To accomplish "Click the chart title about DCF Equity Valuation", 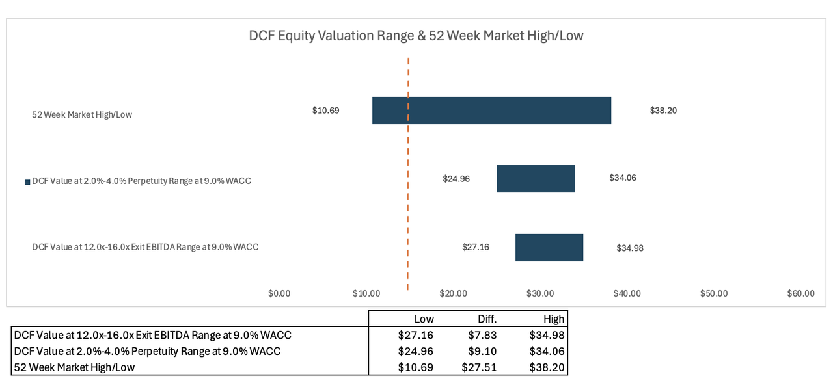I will coord(416,36).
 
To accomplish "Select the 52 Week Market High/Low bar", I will coord(491,111).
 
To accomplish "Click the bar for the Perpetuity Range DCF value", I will coord(536,179).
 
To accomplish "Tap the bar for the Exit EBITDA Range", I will coord(549,248).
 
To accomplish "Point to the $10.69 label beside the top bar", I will coord(325,111).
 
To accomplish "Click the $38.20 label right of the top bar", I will coord(663,111).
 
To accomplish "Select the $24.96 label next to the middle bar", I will coord(456,179).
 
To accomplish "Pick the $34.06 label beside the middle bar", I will coord(623,178).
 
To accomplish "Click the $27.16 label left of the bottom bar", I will coord(475,247).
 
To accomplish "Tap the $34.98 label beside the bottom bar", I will coord(630,248).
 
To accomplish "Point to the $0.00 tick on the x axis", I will coord(279,293).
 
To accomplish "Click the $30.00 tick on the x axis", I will coord(540,293).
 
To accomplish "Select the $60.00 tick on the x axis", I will coord(800,293).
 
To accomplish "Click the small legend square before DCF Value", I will coord(27,182).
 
